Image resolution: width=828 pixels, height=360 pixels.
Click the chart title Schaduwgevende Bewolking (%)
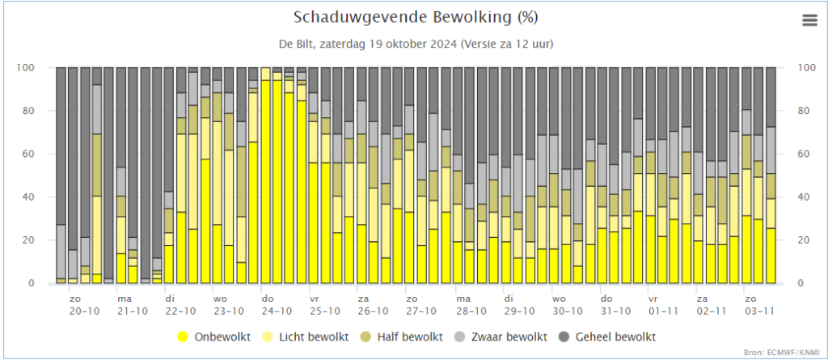(x=416, y=18)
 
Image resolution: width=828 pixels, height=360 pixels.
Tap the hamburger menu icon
(x=809, y=20)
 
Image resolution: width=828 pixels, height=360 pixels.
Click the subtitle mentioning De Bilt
(x=416, y=44)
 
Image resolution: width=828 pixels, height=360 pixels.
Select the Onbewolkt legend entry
(x=213, y=337)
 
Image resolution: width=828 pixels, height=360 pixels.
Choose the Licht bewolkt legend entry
(x=307, y=337)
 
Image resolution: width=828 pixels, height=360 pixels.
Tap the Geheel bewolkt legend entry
(x=608, y=337)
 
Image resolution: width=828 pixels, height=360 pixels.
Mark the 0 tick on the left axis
(x=46, y=283)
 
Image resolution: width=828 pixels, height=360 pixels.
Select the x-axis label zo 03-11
(x=757, y=304)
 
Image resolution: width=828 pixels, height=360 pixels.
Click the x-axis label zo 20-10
(x=84, y=304)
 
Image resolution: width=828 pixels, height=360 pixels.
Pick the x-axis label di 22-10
(x=180, y=304)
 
